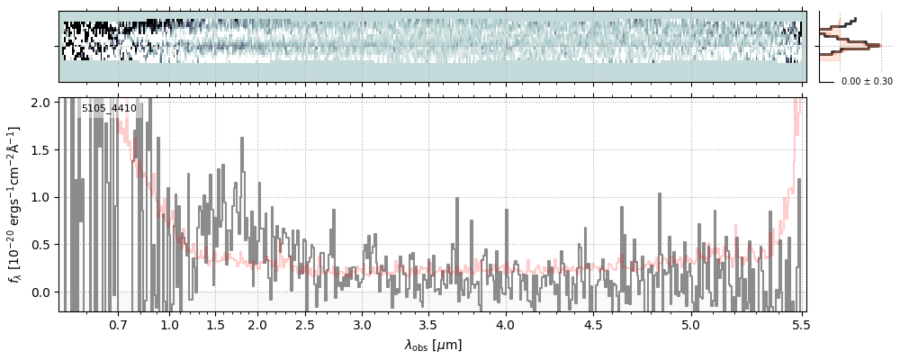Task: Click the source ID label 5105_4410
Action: coord(109,109)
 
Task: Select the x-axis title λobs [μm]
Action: coord(432,345)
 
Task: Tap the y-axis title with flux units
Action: coord(16,204)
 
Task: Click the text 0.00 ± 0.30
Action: coord(867,81)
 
